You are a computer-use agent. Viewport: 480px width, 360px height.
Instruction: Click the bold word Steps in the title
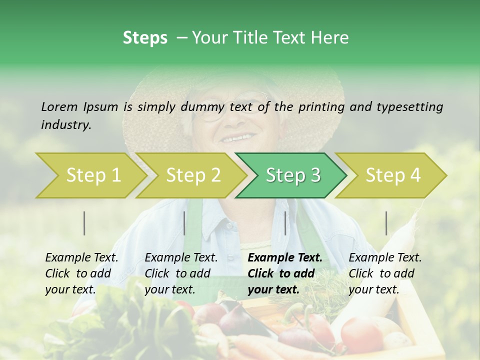[x=145, y=37]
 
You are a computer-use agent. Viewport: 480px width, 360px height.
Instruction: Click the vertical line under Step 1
[x=84, y=223]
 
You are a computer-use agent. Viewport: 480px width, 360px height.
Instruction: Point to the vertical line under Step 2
[x=184, y=223]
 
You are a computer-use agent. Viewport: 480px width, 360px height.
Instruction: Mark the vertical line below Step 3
[x=285, y=223]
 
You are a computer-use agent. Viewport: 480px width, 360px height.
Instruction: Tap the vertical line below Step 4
[x=386, y=223]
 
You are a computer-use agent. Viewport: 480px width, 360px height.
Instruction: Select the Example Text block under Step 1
[x=81, y=273]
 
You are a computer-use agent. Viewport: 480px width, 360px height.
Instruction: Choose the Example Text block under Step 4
[x=385, y=273]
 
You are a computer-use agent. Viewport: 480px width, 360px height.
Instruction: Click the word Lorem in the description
[x=59, y=106]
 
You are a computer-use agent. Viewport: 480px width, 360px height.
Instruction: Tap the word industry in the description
[x=66, y=124]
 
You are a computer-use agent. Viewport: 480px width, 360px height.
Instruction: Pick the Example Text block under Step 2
[x=181, y=273]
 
